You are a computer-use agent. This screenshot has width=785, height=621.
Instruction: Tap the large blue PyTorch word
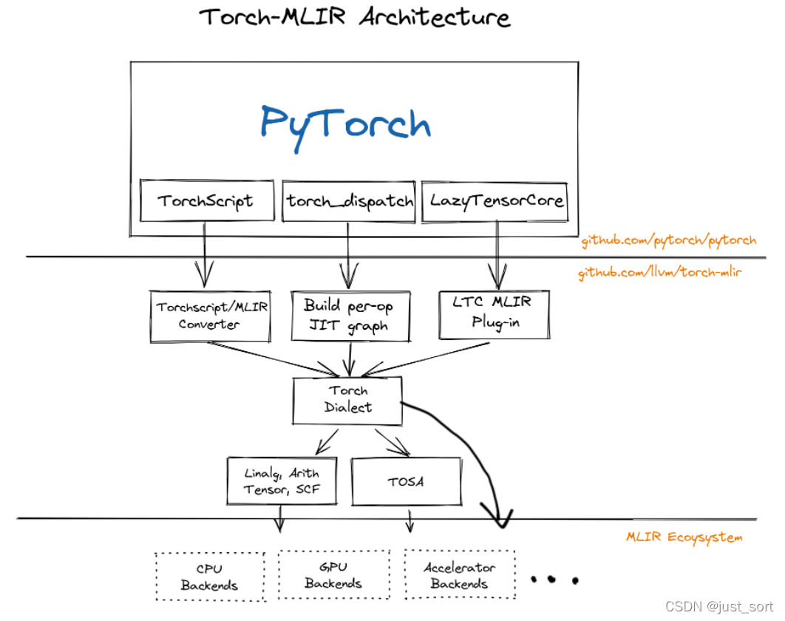click(346, 124)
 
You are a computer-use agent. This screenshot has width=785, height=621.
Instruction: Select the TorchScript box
click(205, 200)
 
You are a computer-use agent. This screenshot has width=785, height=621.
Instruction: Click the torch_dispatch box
click(350, 201)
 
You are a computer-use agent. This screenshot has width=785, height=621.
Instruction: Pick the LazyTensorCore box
click(496, 200)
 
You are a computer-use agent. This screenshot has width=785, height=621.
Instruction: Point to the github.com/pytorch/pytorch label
click(668, 240)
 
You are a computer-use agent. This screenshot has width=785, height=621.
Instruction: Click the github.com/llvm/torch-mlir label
click(660, 272)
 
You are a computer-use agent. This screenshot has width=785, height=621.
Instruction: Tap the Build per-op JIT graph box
click(350, 316)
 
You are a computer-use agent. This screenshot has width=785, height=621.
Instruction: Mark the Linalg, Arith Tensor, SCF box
click(282, 481)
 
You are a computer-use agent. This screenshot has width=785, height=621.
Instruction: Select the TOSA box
click(405, 481)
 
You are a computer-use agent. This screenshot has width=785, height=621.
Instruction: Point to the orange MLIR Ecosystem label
click(684, 537)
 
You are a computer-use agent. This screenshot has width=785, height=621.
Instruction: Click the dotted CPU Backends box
click(210, 577)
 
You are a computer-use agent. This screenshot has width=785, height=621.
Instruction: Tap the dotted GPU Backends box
click(333, 574)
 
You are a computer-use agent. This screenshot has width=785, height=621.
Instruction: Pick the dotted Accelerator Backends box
click(460, 574)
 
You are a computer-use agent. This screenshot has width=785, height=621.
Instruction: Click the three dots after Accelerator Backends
click(554, 579)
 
